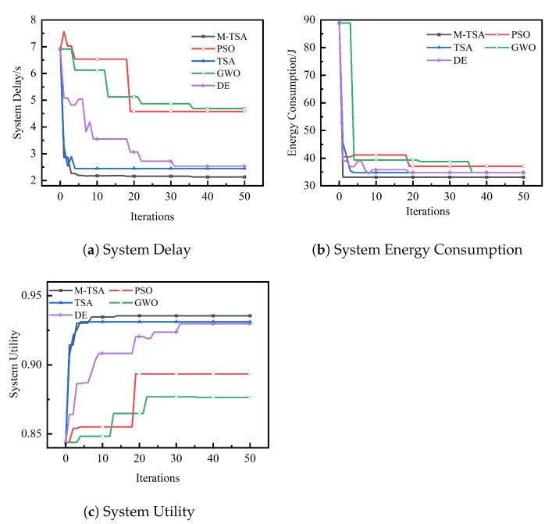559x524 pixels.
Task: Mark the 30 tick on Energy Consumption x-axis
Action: [x=450, y=200]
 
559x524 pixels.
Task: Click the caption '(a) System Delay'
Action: [x=141, y=250]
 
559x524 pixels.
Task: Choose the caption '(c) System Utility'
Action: [x=141, y=512]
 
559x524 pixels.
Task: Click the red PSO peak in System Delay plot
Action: [x=64, y=32]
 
